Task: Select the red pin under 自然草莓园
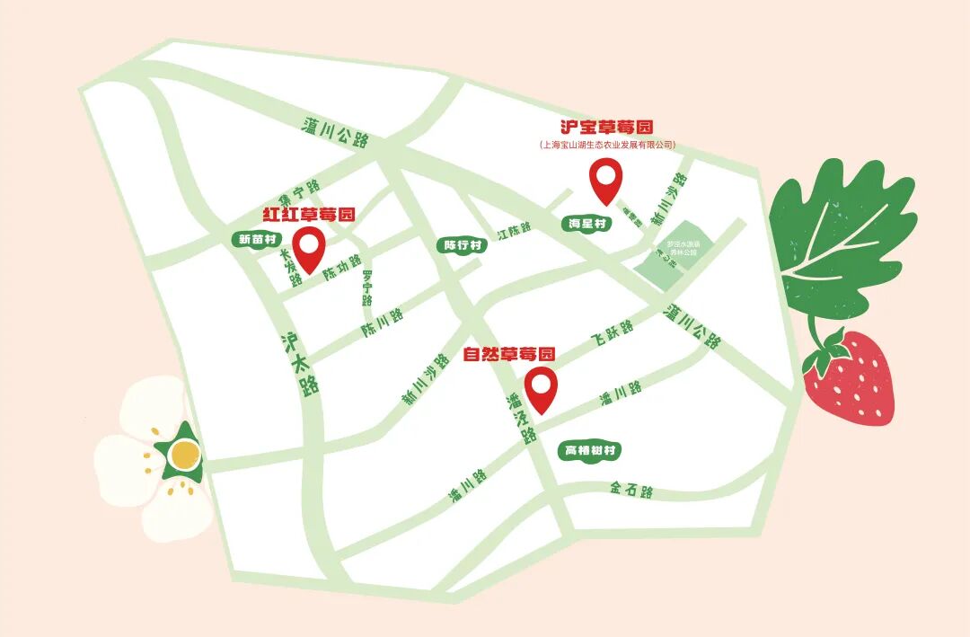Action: [542, 388]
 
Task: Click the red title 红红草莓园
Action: [309, 215]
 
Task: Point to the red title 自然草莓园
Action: [509, 354]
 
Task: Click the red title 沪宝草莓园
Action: [606, 127]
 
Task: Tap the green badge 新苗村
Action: [258, 239]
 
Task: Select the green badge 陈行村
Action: [463, 245]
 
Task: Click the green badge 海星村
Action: [588, 223]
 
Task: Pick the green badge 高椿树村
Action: [589, 450]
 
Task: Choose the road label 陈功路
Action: [341, 266]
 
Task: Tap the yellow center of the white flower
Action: [183, 456]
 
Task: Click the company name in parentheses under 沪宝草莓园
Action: [606, 145]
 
